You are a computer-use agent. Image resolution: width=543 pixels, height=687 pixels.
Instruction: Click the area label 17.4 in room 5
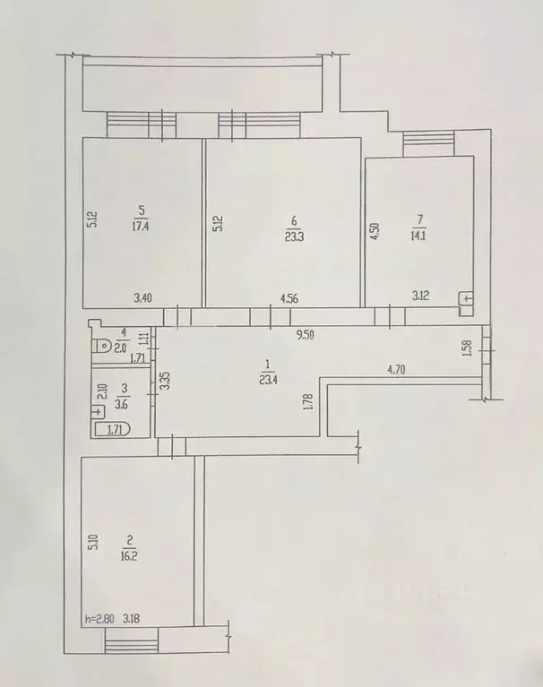pyautogui.click(x=140, y=225)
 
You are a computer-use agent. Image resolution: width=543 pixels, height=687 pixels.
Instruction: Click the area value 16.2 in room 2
pyautogui.click(x=131, y=554)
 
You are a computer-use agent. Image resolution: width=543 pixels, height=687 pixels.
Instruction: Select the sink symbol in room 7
pyautogui.click(x=465, y=302)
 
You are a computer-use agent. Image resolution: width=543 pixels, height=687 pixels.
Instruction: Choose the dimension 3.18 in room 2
pyautogui.click(x=132, y=617)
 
